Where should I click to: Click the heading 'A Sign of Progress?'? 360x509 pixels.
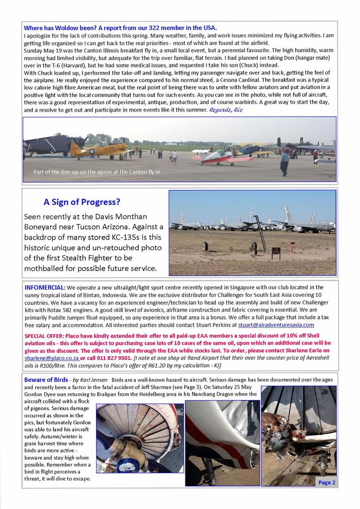[x=82, y=202]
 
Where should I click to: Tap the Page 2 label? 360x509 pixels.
[x=327, y=482]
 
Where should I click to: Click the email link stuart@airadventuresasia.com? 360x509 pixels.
[x=276, y=325]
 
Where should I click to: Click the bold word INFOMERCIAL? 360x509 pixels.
[x=45, y=287]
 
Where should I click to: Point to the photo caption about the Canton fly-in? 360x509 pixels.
[x=97, y=171]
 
